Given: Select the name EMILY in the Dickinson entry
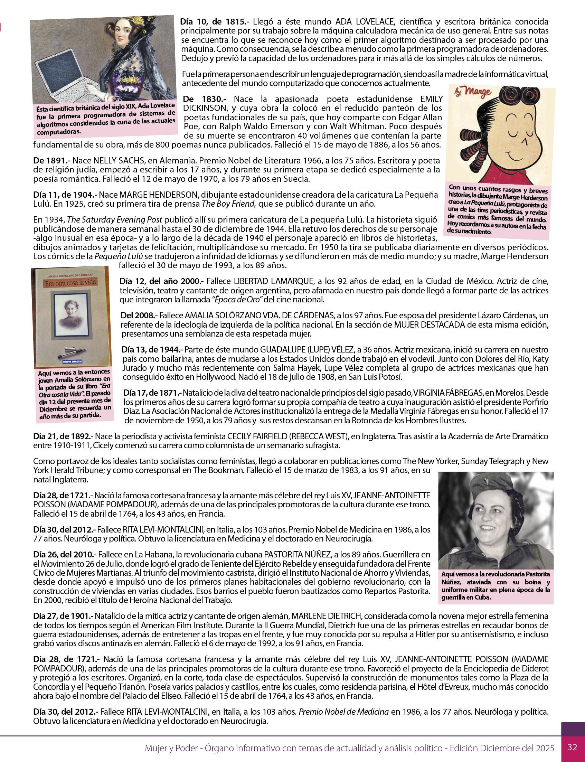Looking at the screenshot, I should (x=432, y=99).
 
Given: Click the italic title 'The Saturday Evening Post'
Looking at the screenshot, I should (x=115, y=220).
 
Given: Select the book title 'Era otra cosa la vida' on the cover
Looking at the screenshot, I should (x=71, y=282).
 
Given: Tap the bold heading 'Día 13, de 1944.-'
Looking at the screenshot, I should (x=152, y=349).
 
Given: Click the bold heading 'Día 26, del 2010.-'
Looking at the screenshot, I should (x=65, y=554).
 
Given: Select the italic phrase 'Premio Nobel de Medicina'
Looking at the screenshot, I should (x=343, y=712).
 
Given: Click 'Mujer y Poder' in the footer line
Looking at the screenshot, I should (x=171, y=748).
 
